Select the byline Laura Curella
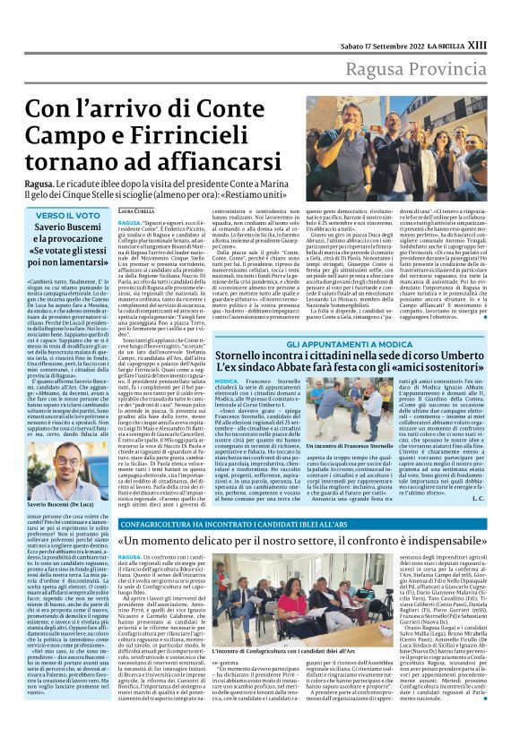pyautogui.click(x=135, y=210)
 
